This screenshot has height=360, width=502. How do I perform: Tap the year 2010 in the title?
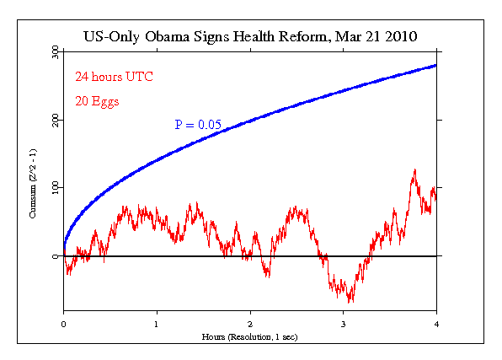398,37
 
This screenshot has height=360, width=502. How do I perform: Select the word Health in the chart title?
255,37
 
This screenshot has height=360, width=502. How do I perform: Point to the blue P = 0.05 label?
198,125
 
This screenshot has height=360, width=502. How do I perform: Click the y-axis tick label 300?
55,51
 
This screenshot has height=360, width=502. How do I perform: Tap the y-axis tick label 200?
55,120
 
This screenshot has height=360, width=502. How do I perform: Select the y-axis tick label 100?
55,187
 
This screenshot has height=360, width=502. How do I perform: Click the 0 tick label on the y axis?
55,255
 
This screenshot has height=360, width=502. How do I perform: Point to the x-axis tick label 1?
157,324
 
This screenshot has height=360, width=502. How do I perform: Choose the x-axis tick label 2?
250,324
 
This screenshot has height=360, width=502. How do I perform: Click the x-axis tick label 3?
343,324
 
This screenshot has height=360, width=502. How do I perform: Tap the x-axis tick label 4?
436,324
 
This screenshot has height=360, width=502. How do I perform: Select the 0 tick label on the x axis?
64,324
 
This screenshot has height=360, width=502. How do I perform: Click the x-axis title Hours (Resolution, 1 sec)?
250,336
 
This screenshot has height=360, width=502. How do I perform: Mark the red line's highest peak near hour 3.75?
414,169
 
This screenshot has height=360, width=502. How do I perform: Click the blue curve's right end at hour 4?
435,65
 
